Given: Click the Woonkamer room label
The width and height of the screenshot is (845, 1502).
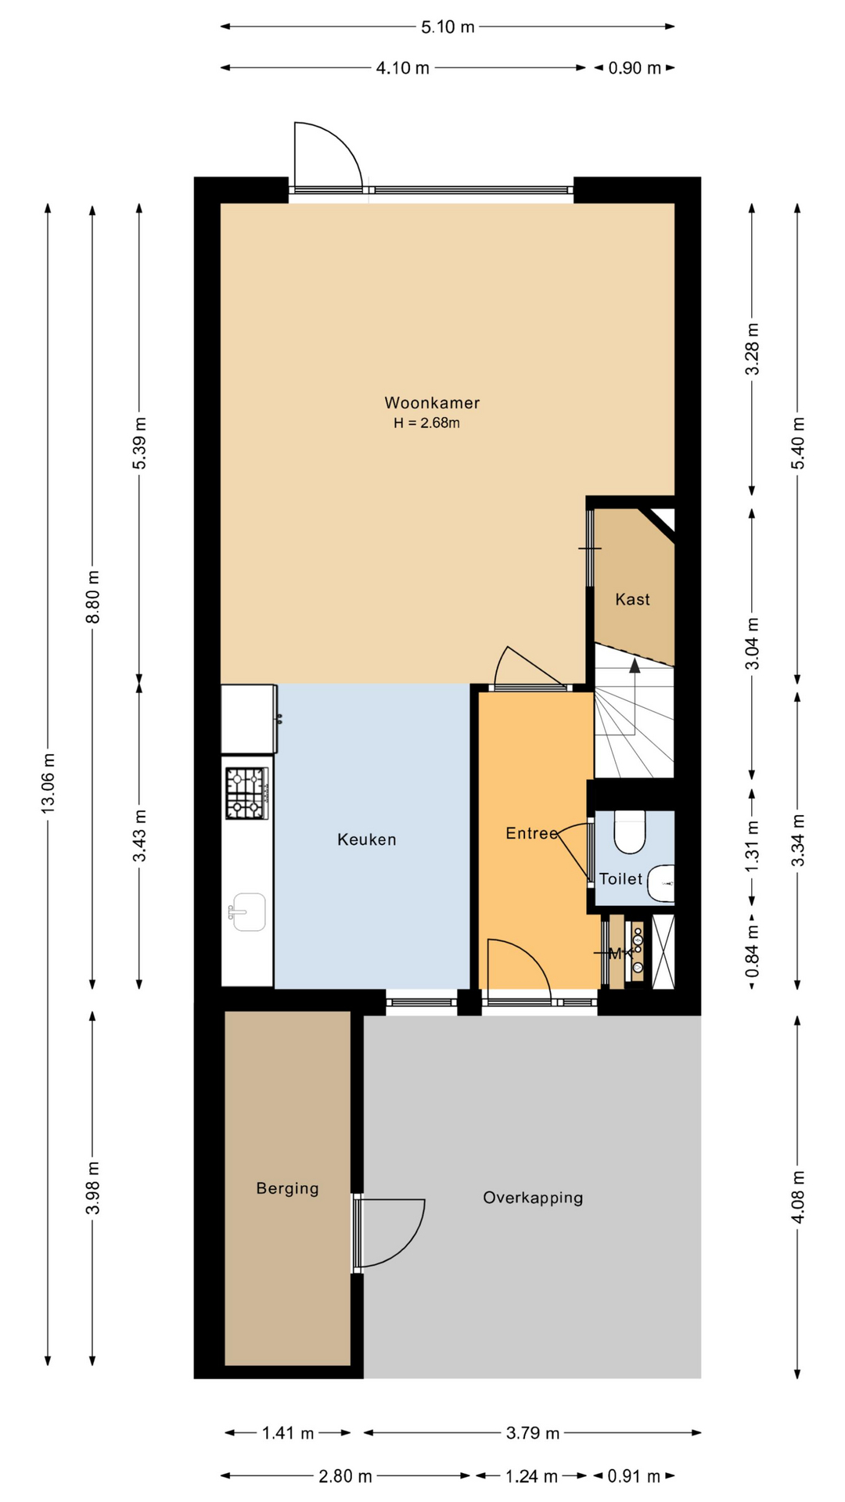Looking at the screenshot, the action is click(x=432, y=403).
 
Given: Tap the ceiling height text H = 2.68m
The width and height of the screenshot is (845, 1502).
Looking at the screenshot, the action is click(x=426, y=423).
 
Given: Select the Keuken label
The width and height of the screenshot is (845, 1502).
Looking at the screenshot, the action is click(x=367, y=839).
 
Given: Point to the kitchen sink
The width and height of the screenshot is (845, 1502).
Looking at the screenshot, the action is click(x=248, y=912).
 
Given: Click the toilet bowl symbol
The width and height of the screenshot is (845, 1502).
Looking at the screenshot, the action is click(x=629, y=832).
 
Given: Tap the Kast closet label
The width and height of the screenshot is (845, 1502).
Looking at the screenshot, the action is click(x=632, y=599).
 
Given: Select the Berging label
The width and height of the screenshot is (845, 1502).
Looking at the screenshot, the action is click(x=288, y=1188).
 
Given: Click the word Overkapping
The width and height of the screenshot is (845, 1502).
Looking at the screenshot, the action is click(x=533, y=1198).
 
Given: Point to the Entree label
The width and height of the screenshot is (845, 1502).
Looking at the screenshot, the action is click(x=532, y=833).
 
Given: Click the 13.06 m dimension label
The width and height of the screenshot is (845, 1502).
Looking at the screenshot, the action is click(x=49, y=782).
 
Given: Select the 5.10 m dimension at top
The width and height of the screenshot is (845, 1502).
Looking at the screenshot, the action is click(x=448, y=27).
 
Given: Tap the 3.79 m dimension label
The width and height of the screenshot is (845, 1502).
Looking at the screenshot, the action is click(x=532, y=1433).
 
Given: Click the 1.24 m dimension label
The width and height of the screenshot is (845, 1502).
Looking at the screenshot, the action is click(x=531, y=1476).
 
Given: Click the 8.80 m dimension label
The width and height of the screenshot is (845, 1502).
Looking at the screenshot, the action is click(x=93, y=598).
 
